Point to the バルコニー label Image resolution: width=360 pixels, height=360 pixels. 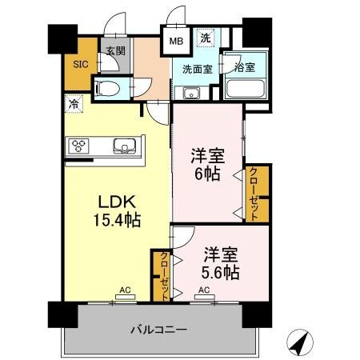(159, 330)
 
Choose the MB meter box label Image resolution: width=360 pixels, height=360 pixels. (175, 38)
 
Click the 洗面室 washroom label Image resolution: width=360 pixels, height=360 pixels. (197, 69)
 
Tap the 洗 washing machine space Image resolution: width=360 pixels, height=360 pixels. (205, 38)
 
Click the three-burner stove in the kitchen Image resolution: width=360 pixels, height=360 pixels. (80, 146)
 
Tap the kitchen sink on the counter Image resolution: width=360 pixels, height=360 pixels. (124, 146)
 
